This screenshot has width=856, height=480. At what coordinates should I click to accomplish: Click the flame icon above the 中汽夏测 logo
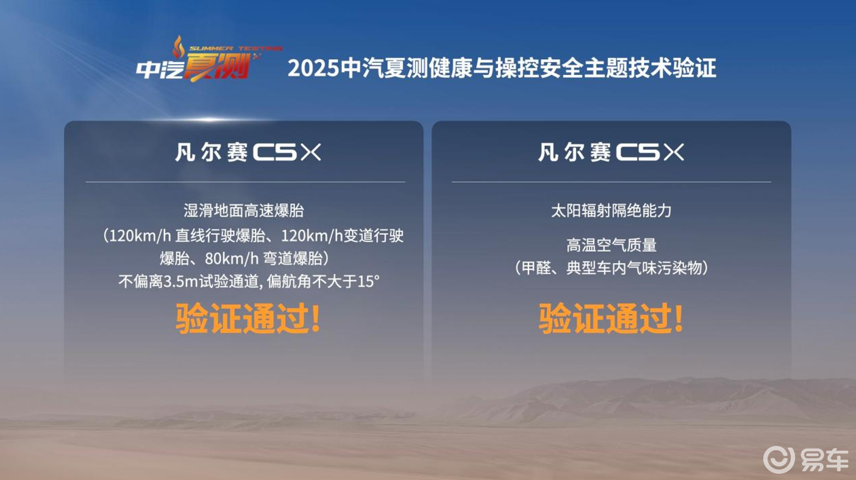click(178, 46)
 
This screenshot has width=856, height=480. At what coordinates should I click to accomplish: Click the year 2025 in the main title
click(313, 68)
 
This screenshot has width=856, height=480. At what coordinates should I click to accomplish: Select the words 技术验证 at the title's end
click(672, 68)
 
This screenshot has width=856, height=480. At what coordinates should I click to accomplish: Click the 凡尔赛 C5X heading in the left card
click(248, 152)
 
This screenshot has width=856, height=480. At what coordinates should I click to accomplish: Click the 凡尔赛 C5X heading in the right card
click(611, 152)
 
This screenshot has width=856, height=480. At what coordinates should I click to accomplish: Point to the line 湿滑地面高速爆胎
click(244, 210)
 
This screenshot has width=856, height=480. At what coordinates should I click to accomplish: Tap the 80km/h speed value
click(232, 259)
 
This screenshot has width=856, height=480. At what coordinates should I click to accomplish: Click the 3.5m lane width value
click(180, 282)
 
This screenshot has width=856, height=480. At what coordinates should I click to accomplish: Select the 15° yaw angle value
click(368, 281)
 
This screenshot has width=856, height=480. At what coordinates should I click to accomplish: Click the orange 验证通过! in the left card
click(248, 318)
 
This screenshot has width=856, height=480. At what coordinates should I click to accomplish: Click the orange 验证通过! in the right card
click(611, 318)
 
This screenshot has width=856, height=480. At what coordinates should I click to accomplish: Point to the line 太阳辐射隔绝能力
click(611, 210)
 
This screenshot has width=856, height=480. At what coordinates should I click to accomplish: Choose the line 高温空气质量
click(612, 245)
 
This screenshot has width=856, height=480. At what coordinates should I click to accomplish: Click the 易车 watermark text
click(825, 460)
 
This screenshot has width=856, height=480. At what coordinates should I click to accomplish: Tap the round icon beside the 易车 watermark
click(779, 460)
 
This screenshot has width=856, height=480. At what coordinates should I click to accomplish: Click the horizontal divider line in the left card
click(245, 182)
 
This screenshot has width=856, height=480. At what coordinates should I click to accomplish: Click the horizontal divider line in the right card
click(612, 182)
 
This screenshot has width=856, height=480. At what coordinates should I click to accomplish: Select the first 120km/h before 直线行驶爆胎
click(140, 236)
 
